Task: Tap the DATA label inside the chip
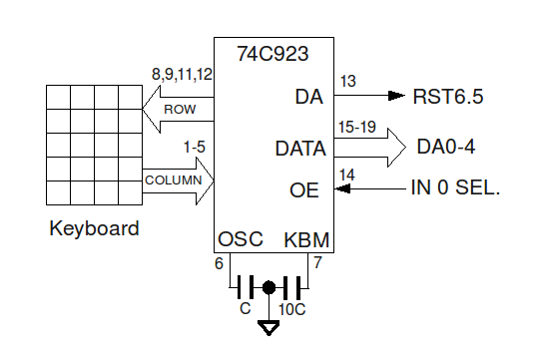pyautogui.click(x=300, y=150)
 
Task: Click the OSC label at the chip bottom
pyautogui.click(x=241, y=239)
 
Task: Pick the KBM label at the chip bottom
pyautogui.click(x=306, y=239)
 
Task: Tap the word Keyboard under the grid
pyautogui.click(x=94, y=229)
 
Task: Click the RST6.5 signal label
pyautogui.click(x=448, y=97)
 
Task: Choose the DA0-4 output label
pyautogui.click(x=445, y=148)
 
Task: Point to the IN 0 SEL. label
pyautogui.click(x=455, y=187)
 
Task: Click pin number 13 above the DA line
pyautogui.click(x=347, y=81)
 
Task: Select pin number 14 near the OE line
pyautogui.click(x=347, y=175)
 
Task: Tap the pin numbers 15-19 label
pyautogui.click(x=355, y=128)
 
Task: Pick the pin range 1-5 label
pyautogui.click(x=194, y=148)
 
